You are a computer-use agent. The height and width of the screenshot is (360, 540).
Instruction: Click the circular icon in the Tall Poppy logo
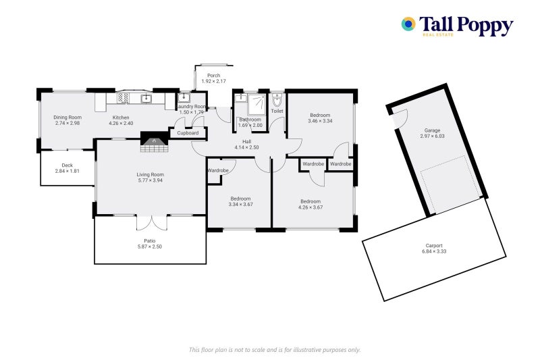pos(408,24)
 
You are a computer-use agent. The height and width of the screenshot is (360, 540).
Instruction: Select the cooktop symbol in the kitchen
pos(124,99)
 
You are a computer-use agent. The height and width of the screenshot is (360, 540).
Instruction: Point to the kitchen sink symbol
pos(145,99)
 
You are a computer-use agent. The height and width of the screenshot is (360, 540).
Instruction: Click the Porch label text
pos(214,75)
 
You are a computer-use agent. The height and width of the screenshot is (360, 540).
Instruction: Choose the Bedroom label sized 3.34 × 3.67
pos(240,201)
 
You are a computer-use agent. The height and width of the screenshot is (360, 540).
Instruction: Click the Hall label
pos(246,141)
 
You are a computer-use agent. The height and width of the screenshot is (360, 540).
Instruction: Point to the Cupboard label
pos(188,133)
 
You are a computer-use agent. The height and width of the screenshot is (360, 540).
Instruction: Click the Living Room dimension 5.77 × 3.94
pos(151,180)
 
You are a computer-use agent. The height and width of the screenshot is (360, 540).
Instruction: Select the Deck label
pos(67,165)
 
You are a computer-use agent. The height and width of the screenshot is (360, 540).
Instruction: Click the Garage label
pos(432,130)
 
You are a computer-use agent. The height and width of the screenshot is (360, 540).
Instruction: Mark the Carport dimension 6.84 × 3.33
pos(434,252)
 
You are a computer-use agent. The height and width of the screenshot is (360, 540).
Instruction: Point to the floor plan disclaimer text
pos(275,349)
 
